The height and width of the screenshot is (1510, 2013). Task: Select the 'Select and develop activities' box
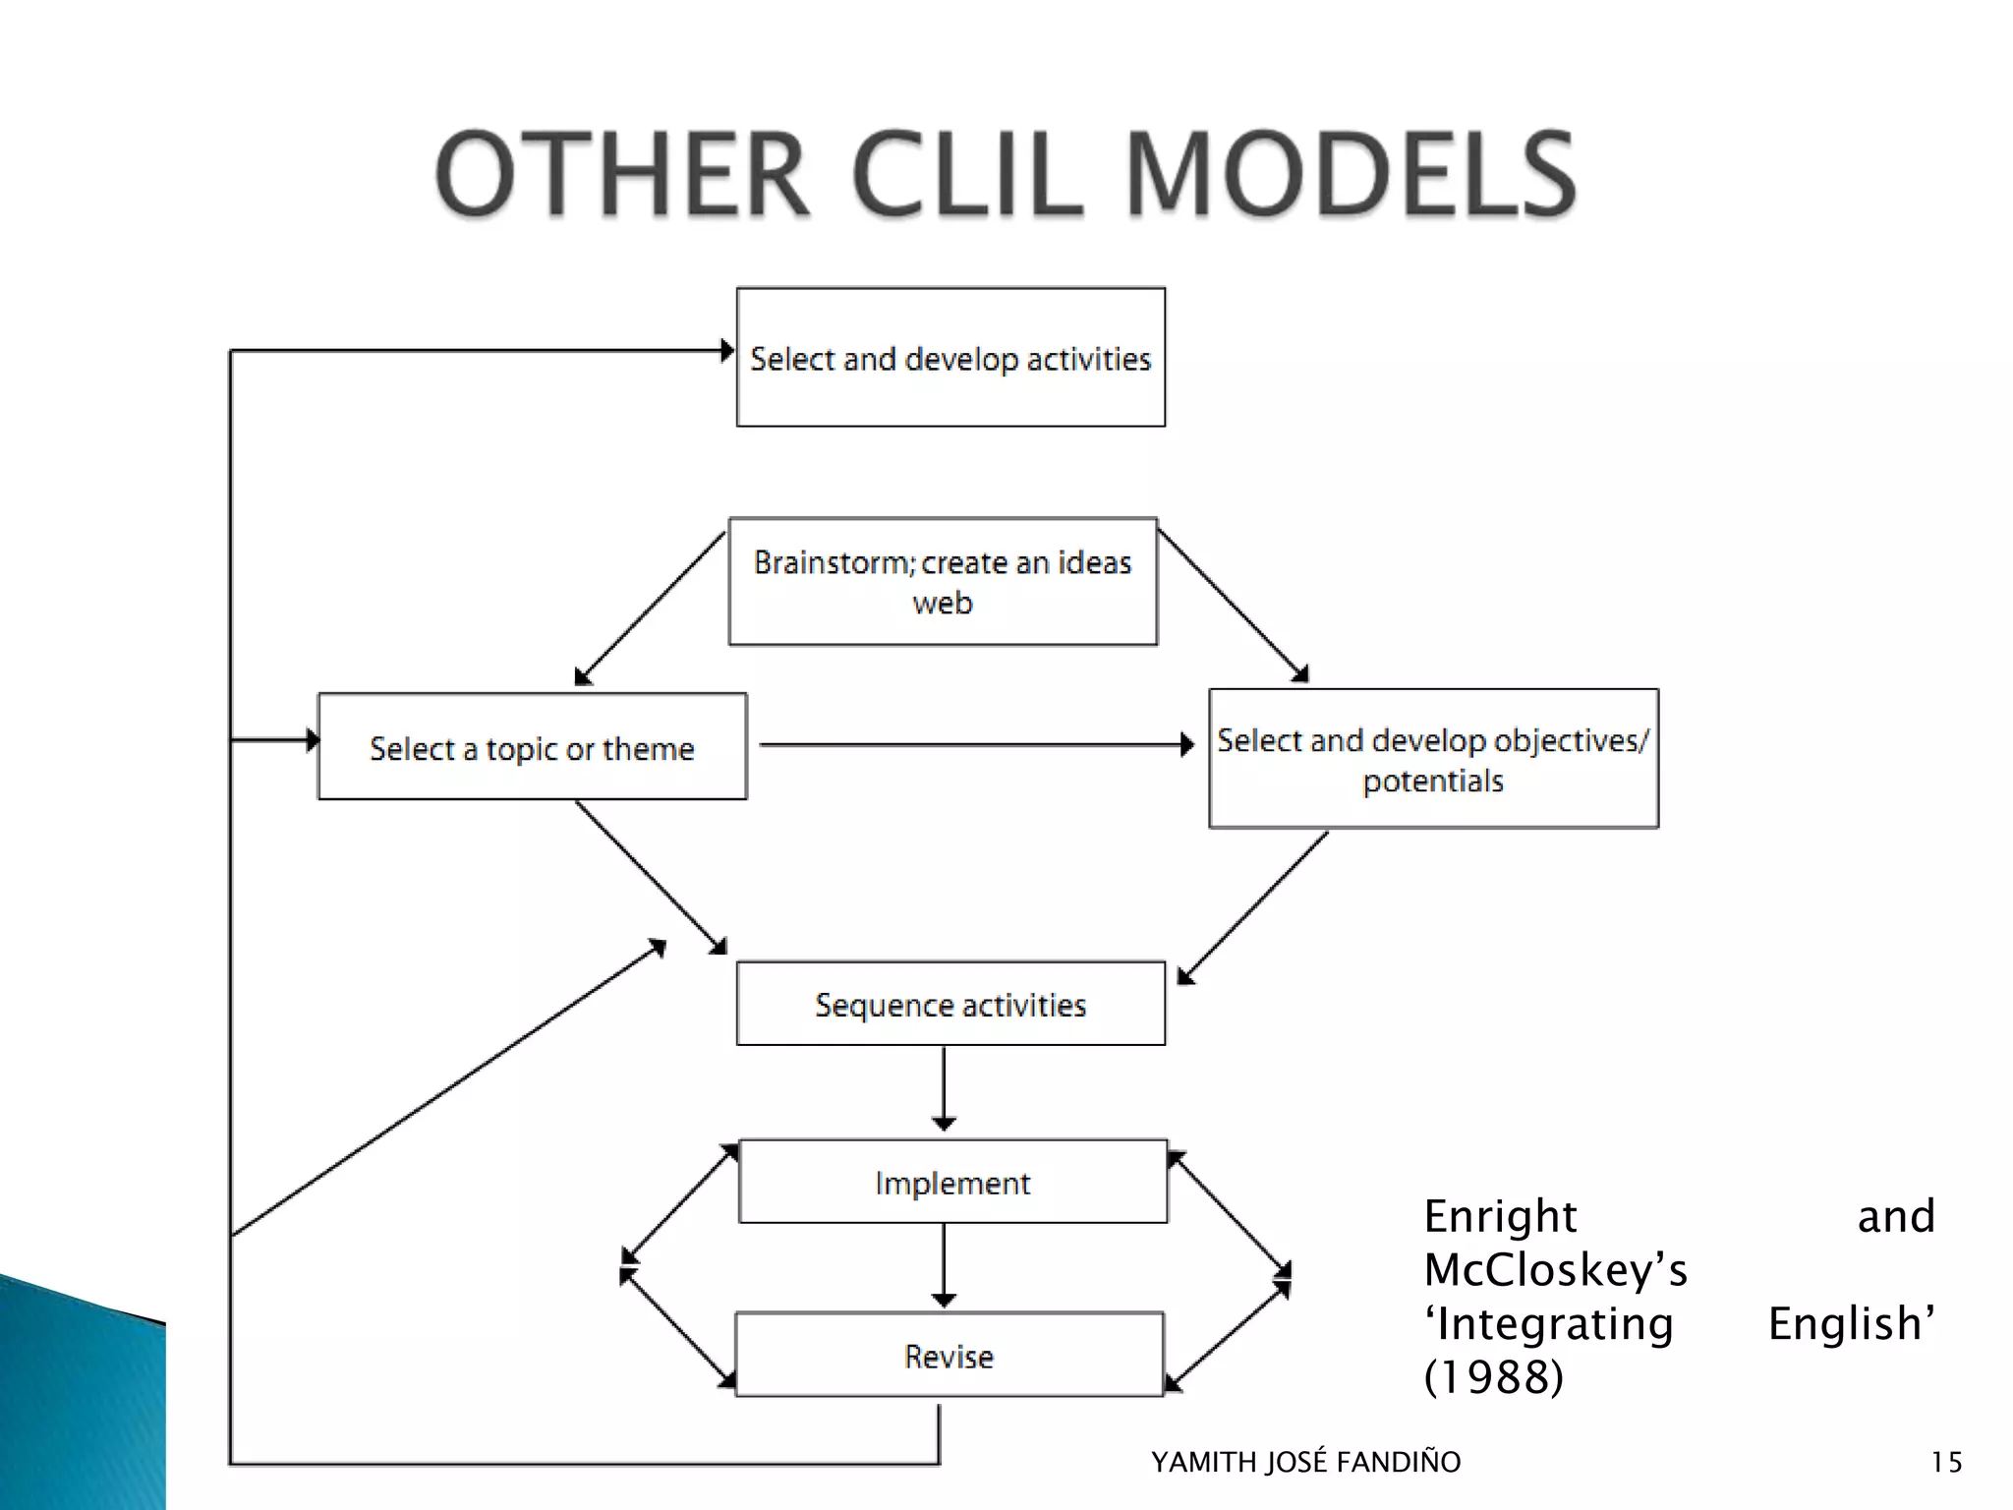pos(950,358)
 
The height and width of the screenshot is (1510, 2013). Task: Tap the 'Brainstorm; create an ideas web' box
pos(943,582)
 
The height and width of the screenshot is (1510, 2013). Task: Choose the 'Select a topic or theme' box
pos(532,747)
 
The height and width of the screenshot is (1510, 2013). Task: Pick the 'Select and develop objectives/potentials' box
pos(1433,759)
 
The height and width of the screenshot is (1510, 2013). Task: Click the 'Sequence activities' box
pos(950,1004)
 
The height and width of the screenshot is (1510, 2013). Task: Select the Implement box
pos(952,1182)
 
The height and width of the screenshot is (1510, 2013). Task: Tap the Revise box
pos(949,1356)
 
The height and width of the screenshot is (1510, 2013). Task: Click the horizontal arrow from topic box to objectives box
pos(976,745)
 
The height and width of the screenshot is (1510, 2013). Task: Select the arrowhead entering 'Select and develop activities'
pos(726,350)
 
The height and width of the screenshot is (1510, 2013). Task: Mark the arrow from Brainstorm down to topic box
pos(649,608)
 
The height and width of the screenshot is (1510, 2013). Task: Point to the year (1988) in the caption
pos(1493,1376)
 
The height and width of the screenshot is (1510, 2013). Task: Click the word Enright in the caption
pos(1500,1217)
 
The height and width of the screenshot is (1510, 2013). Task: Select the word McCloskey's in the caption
pos(1555,1270)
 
